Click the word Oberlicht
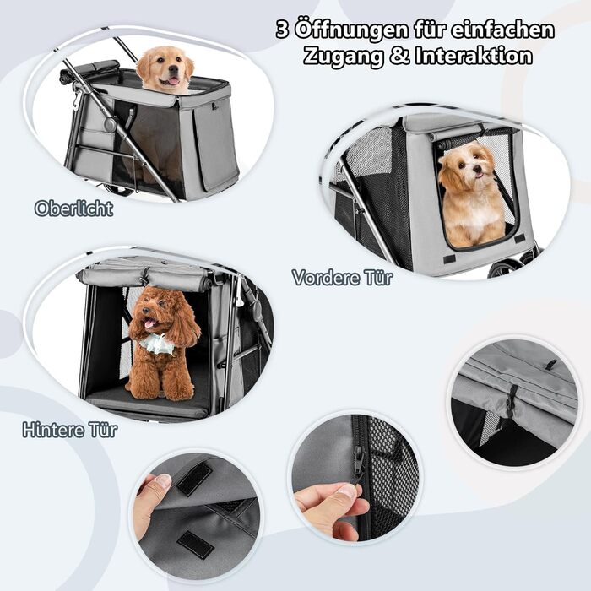(74, 209)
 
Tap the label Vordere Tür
(342, 278)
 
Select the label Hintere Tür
(70, 430)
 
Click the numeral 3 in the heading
(283, 30)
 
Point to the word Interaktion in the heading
(474, 56)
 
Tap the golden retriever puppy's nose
(174, 69)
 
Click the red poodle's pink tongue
(151, 323)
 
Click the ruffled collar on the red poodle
(156, 344)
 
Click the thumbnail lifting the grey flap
(164, 481)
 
